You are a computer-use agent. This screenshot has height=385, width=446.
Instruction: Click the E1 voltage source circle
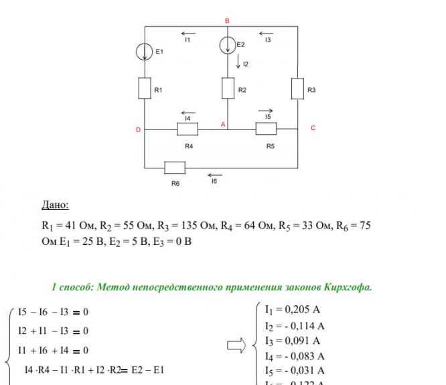(x=145, y=51)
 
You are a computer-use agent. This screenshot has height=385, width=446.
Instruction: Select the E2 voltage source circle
(x=228, y=45)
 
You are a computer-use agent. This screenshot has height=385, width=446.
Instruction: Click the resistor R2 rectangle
(x=228, y=88)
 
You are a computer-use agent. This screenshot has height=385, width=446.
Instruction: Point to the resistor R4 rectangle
(x=188, y=128)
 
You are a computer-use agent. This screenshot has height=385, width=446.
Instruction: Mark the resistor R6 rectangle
(x=175, y=168)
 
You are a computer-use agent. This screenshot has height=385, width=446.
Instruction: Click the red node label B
(x=227, y=21)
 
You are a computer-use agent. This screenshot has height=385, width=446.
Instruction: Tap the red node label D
(x=138, y=129)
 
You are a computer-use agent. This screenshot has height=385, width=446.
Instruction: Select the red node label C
(x=312, y=128)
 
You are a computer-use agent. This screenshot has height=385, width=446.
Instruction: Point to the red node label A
(x=222, y=124)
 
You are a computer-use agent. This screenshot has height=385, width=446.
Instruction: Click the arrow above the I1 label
(x=188, y=32)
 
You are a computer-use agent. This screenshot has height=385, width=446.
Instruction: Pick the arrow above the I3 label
(x=266, y=32)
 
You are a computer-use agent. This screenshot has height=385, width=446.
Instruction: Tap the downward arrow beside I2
(x=238, y=62)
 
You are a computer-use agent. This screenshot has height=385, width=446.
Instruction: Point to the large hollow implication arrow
(x=236, y=346)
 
